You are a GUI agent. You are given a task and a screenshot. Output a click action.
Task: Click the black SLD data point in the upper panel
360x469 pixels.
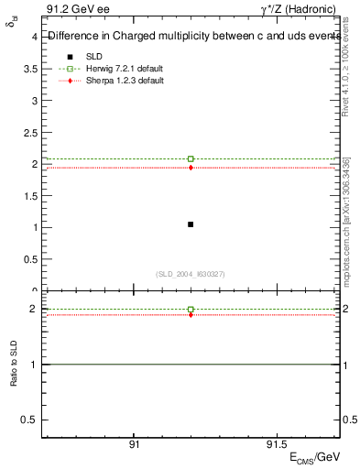click(x=191, y=224)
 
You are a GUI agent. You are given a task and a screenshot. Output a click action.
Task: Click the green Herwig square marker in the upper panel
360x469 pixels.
click(x=191, y=159)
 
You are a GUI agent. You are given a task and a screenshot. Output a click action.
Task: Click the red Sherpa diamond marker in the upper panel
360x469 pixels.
click(x=191, y=168)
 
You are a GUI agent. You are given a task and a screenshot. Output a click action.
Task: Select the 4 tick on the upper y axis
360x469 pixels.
click(x=34, y=37)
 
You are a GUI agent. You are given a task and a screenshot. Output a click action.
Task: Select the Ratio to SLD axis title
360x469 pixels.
click(x=14, y=377)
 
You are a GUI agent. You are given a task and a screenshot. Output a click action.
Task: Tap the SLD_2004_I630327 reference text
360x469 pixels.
click(x=191, y=274)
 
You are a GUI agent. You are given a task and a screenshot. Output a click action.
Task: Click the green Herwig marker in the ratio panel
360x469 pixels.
click(x=191, y=310)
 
